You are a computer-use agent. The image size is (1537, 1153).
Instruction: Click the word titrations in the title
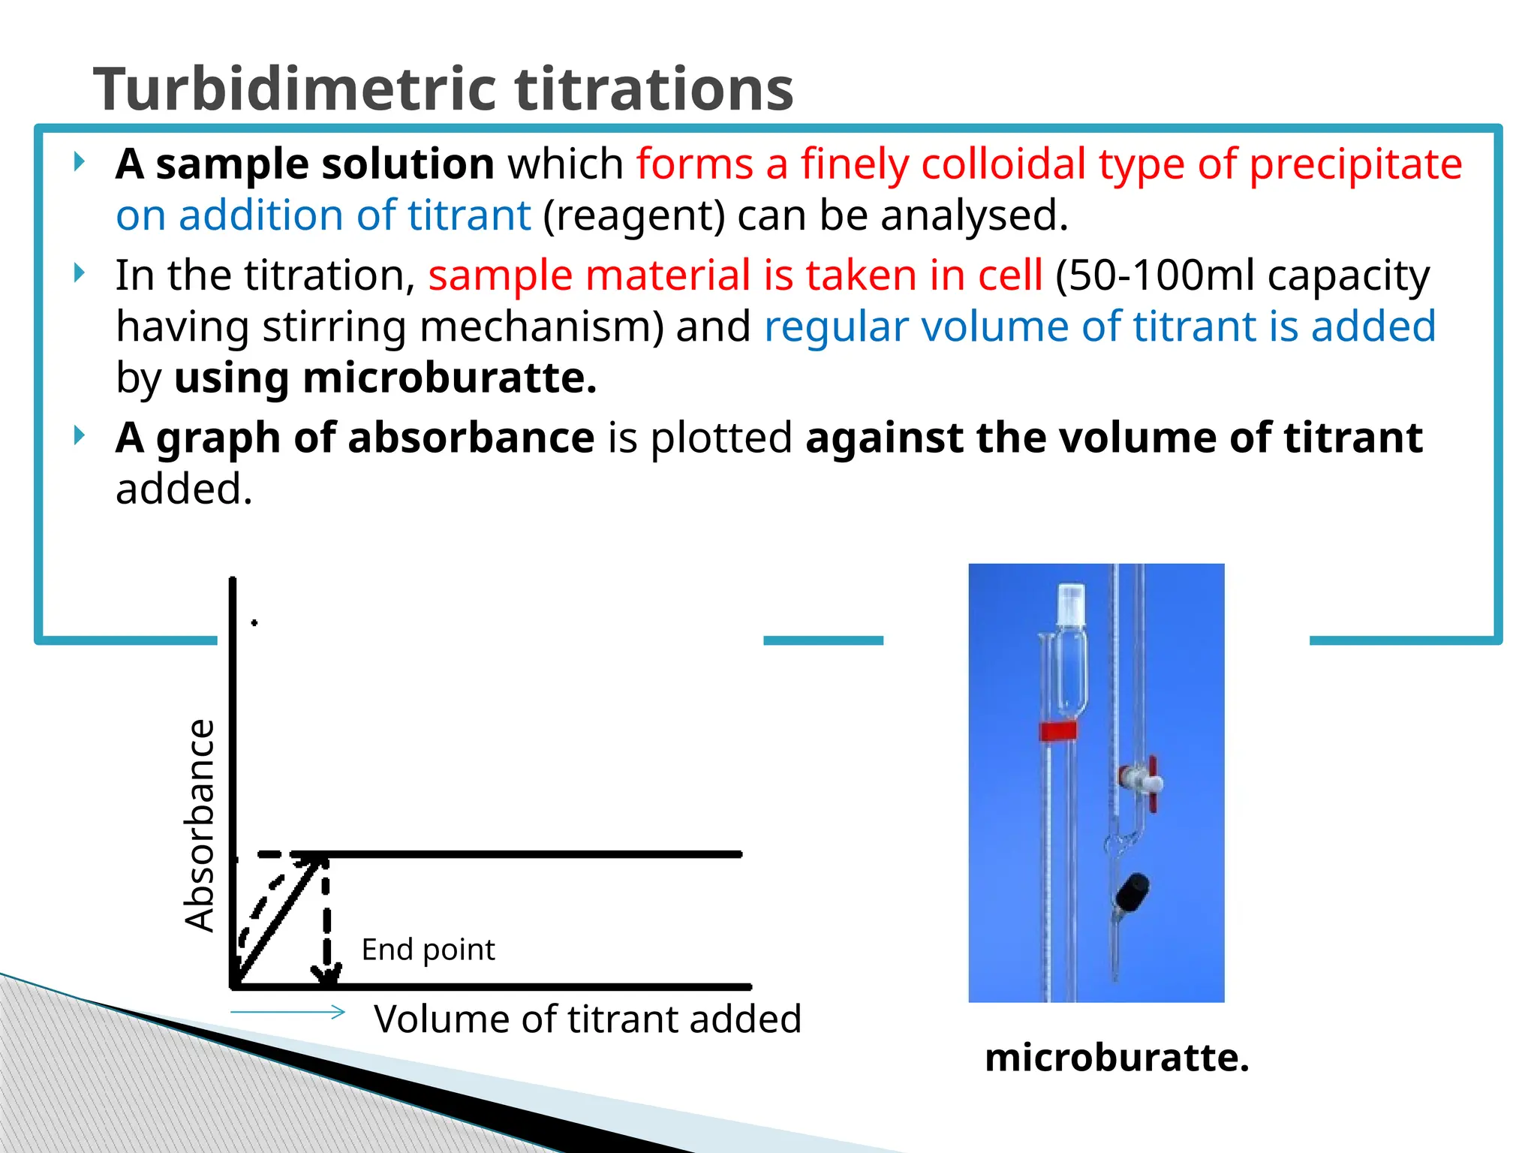653,89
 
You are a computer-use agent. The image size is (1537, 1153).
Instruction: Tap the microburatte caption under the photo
1117,1057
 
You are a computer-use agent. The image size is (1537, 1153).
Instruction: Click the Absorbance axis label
200,826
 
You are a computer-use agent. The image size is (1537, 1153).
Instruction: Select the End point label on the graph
428,950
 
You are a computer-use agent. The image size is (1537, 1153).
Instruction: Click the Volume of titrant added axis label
588,1019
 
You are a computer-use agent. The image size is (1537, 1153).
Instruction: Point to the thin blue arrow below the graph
287,1012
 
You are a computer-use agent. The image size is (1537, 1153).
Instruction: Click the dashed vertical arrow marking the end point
326,923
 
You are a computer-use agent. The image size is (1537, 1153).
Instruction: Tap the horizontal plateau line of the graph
525,854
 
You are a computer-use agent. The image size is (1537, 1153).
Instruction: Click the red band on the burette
1057,730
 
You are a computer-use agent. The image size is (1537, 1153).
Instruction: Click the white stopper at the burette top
1071,604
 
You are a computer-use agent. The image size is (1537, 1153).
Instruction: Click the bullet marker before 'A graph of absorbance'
80,435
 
